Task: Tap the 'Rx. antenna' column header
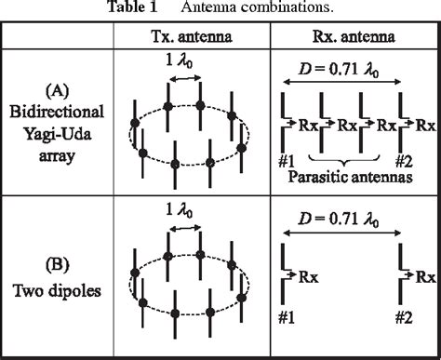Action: [354, 36]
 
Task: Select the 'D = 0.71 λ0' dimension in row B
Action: [354, 220]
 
